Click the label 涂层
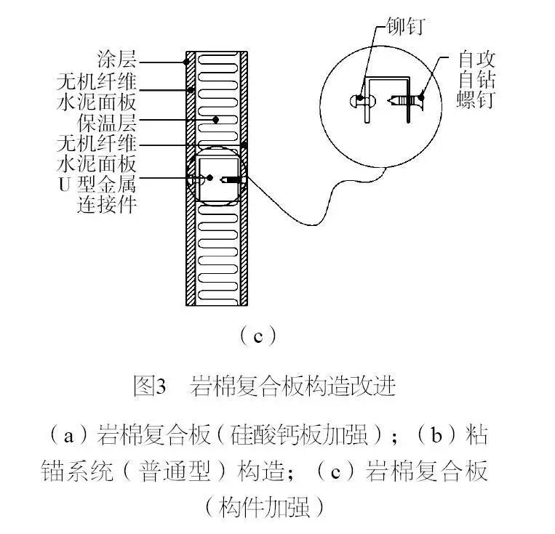coord(117,57)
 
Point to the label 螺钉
coord(477,100)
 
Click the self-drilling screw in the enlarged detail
coord(404,100)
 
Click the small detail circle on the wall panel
coord(217,179)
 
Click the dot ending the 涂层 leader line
coord(188,62)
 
